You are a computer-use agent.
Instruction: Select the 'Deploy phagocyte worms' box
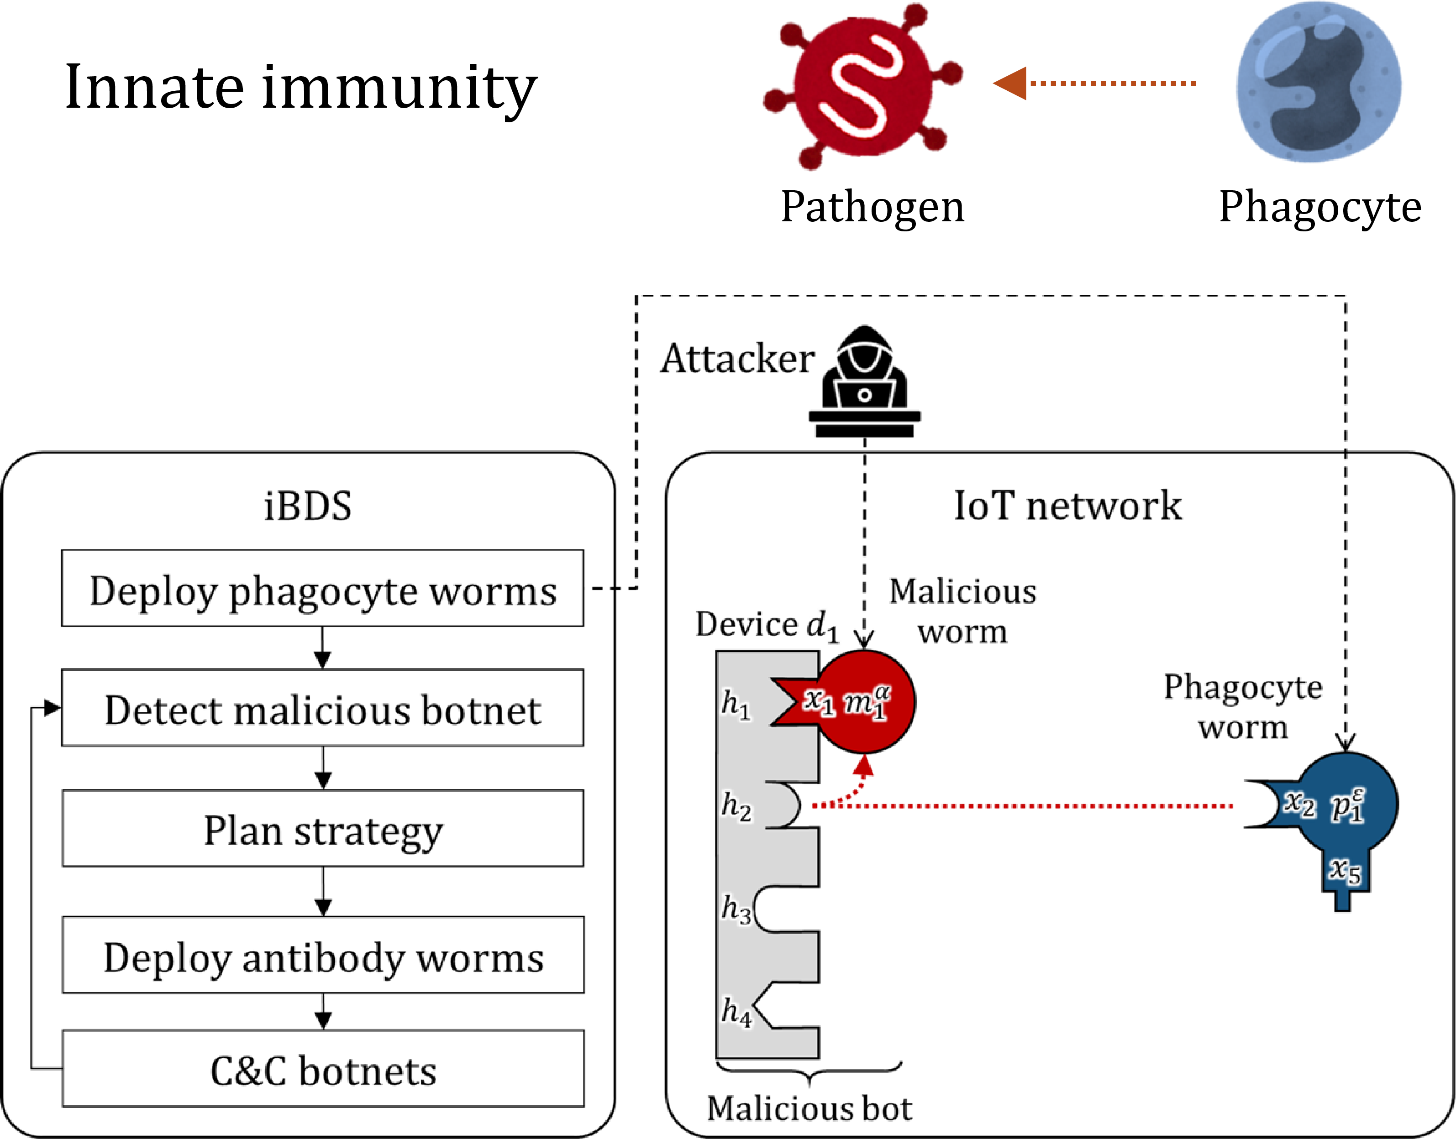pyautogui.click(x=322, y=589)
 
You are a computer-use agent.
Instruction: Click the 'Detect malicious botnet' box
pyautogui.click(x=322, y=708)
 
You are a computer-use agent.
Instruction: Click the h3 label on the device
pyautogui.click(x=736, y=909)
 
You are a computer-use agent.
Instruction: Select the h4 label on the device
pyautogui.click(x=736, y=1012)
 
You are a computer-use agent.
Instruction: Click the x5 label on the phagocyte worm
pyautogui.click(x=1345, y=870)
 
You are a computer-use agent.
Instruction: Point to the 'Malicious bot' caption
pyautogui.click(x=809, y=1109)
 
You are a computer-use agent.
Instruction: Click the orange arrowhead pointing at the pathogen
pyautogui.click(x=1009, y=84)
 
